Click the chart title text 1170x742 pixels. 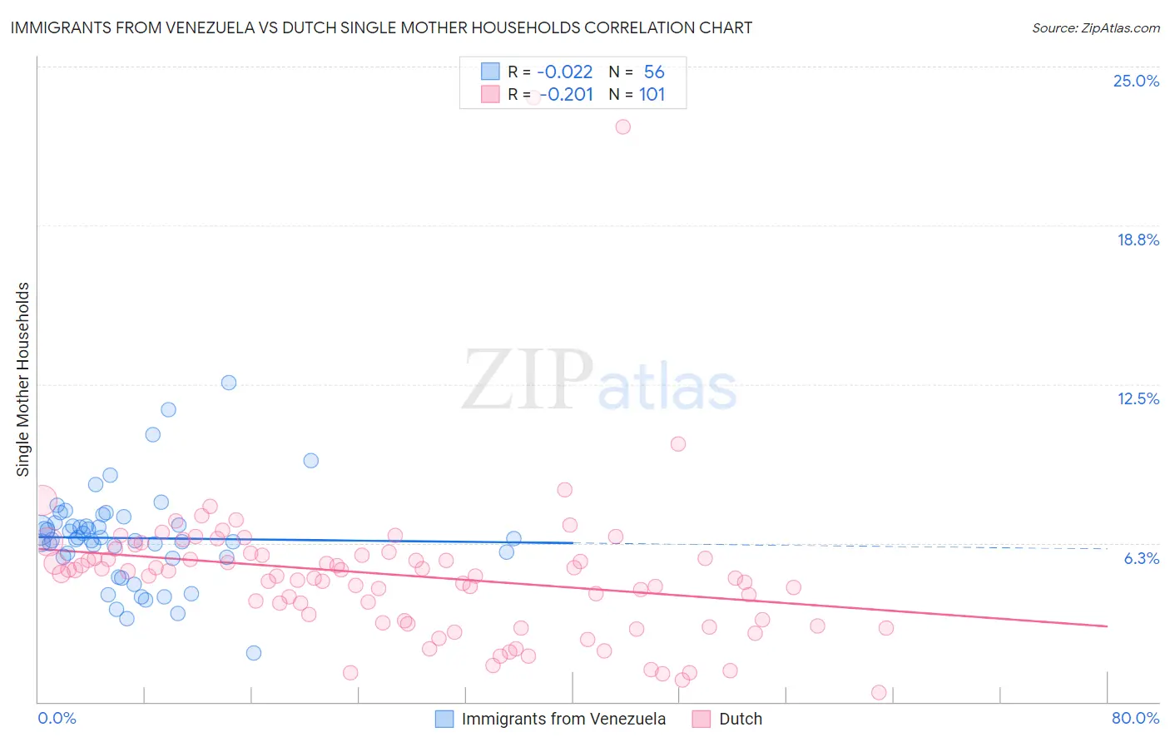click(381, 27)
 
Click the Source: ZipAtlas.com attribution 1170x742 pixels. click(1095, 27)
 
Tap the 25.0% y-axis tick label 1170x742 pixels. click(1136, 81)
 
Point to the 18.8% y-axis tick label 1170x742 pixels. click(1138, 240)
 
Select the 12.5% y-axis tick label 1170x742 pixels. click(1138, 398)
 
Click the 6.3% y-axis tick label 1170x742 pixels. click(1141, 558)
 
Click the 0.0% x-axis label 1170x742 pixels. click(57, 718)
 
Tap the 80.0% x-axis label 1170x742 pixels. click(1135, 718)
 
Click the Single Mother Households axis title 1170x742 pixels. click(22, 379)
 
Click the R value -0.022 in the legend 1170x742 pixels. click(564, 72)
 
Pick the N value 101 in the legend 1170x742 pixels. click(652, 95)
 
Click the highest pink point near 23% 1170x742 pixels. click(622, 127)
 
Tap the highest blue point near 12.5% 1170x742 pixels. click(229, 383)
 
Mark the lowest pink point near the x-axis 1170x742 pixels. click(878, 692)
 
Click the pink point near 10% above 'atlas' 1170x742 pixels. click(678, 444)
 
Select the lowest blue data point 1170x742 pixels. click(254, 653)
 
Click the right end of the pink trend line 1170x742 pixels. click(1106, 626)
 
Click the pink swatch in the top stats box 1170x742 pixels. click(490, 95)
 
